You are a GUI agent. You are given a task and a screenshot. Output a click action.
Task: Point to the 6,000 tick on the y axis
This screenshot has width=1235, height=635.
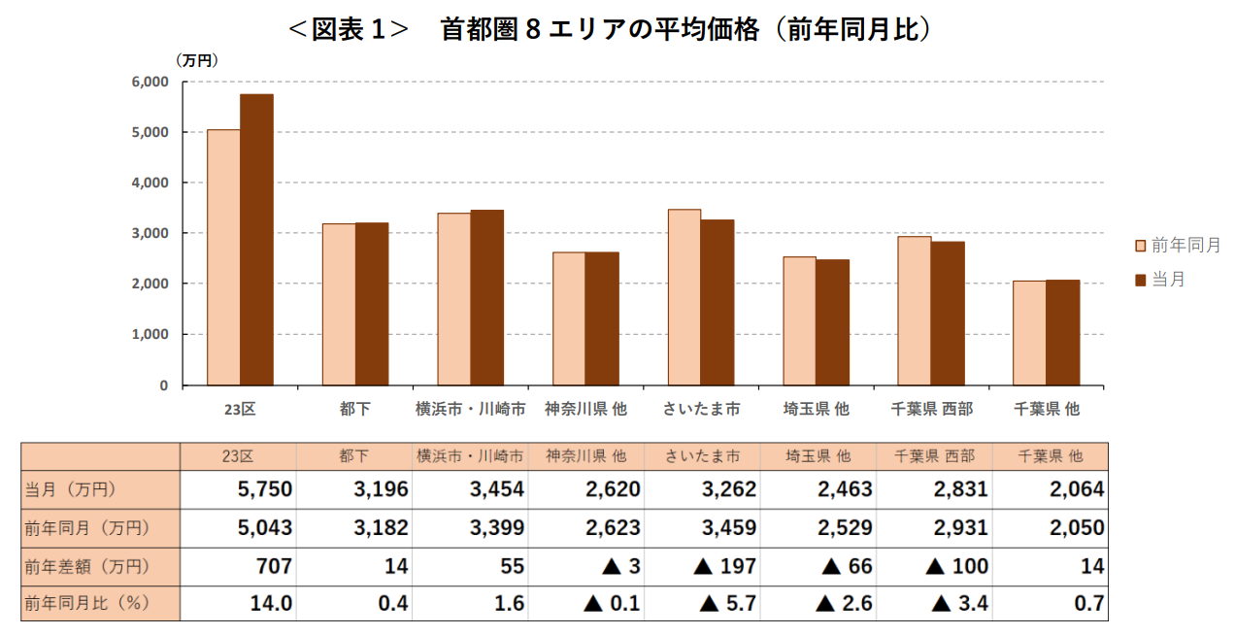coord(150,82)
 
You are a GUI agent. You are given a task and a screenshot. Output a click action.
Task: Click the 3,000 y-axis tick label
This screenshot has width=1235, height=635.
coord(150,233)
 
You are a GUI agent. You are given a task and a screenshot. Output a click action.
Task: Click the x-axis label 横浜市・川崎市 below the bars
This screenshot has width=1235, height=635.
coord(471,410)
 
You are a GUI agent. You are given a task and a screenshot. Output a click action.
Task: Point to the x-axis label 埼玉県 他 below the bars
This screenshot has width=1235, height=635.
coord(817,410)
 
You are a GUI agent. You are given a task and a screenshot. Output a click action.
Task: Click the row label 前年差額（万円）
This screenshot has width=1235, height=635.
coord(87,566)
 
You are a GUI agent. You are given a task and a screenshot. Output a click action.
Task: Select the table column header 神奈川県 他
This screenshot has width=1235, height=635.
coord(586,455)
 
